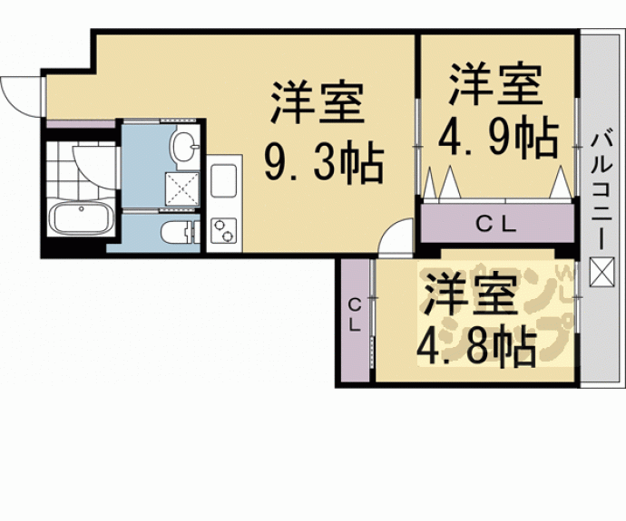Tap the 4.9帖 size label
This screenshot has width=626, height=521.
click(498, 138)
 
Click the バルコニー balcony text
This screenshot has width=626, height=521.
click(600, 189)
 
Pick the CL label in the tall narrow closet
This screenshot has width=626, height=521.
click(355, 314)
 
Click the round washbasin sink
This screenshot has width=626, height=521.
click(185, 144)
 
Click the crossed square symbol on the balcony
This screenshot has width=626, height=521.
click(600, 269)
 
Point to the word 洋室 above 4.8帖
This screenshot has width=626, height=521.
click(472, 294)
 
